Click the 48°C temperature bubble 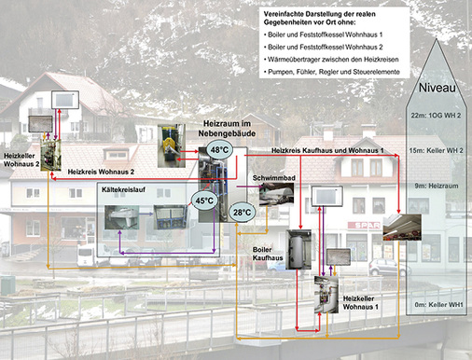[x=218, y=151]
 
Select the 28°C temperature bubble [x=242, y=213]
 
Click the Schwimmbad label [x=273, y=175]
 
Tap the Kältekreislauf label [x=124, y=189]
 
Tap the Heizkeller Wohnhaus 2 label [x=21, y=160]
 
